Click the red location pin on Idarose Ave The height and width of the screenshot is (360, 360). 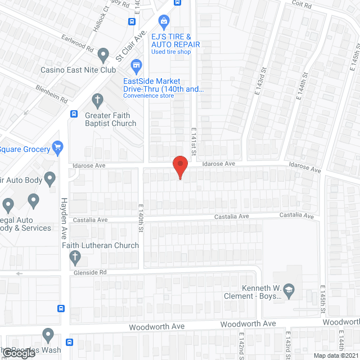coord(179,165)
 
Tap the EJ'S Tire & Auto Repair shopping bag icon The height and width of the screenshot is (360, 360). coord(164,22)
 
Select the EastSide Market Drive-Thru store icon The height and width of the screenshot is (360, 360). coord(136,66)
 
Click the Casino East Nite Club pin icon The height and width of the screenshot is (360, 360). coord(102,55)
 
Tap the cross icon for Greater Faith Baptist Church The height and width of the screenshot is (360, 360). coord(97,101)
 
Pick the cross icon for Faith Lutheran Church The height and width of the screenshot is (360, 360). coord(74,258)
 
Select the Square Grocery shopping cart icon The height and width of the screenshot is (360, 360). coord(57,147)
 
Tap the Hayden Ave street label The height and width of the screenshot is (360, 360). coord(64,214)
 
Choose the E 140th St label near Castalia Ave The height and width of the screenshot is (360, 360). coord(141,219)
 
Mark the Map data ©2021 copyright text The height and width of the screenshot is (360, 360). coord(335,355)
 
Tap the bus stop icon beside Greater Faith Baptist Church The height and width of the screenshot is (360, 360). coord(74,114)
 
